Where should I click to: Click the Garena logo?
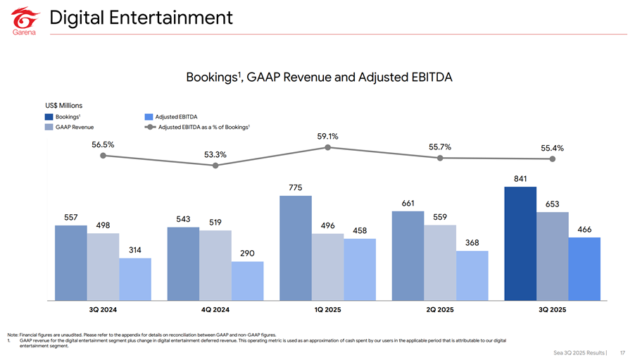click(x=25, y=21)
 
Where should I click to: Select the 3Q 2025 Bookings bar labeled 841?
click(x=520, y=244)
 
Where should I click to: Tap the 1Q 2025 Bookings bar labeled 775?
click(x=296, y=248)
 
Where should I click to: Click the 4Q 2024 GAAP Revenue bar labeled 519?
click(x=215, y=266)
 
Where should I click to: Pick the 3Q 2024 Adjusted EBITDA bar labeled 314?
click(x=135, y=279)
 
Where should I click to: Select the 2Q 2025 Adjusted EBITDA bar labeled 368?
click(x=472, y=275)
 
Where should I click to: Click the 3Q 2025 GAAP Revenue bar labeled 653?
click(x=553, y=256)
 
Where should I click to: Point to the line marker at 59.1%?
click(x=327, y=147)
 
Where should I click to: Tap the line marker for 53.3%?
click(x=215, y=166)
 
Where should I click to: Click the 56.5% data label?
click(x=103, y=144)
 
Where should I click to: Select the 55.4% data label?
click(x=553, y=149)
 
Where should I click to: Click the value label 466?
click(x=584, y=230)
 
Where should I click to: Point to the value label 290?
click(x=247, y=254)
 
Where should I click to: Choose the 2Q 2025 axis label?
click(x=440, y=310)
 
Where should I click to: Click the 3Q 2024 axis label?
click(x=103, y=310)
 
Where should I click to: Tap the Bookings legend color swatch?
click(x=49, y=117)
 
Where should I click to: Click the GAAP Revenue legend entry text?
click(x=75, y=128)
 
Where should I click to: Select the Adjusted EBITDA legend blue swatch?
click(x=149, y=117)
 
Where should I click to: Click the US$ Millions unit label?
click(x=63, y=106)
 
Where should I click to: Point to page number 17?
click(x=623, y=353)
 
